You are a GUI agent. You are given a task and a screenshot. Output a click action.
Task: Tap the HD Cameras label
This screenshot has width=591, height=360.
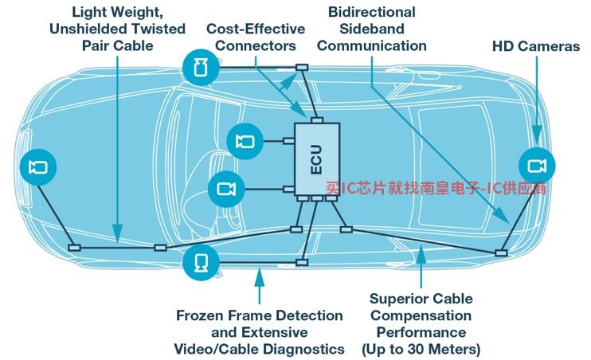[x=536, y=46]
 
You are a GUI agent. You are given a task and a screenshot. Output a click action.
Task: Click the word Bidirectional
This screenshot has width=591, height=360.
[x=372, y=12]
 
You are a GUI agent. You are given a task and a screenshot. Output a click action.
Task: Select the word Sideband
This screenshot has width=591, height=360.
[x=372, y=29]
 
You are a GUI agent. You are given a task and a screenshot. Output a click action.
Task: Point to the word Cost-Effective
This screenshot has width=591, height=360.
[x=255, y=29]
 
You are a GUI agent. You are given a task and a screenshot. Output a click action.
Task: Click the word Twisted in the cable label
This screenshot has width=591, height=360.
[x=159, y=29]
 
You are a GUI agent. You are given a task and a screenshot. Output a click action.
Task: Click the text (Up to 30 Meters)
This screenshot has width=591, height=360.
[x=421, y=349]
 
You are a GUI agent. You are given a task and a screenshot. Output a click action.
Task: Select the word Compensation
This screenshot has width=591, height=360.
[x=421, y=316]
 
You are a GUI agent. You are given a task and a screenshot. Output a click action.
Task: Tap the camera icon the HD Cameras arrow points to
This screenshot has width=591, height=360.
[x=537, y=166]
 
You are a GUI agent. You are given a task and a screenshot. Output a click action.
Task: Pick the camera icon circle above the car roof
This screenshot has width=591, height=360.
[x=200, y=66]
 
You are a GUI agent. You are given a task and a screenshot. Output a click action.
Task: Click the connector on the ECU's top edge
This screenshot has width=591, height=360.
[x=316, y=120]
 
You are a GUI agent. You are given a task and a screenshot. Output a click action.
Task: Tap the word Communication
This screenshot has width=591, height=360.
[x=372, y=45]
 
